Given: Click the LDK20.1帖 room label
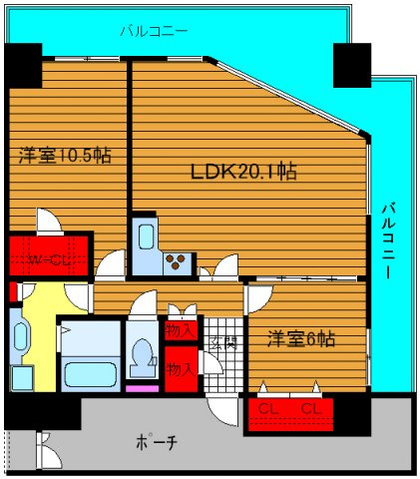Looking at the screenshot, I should click(243, 171).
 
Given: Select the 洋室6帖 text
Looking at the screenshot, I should click(299, 338).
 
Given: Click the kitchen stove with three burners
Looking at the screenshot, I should click(177, 263).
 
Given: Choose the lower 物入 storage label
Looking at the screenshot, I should click(182, 367).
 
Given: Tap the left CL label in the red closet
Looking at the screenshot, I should click(266, 409).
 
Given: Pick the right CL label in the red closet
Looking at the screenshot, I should click(311, 409).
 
